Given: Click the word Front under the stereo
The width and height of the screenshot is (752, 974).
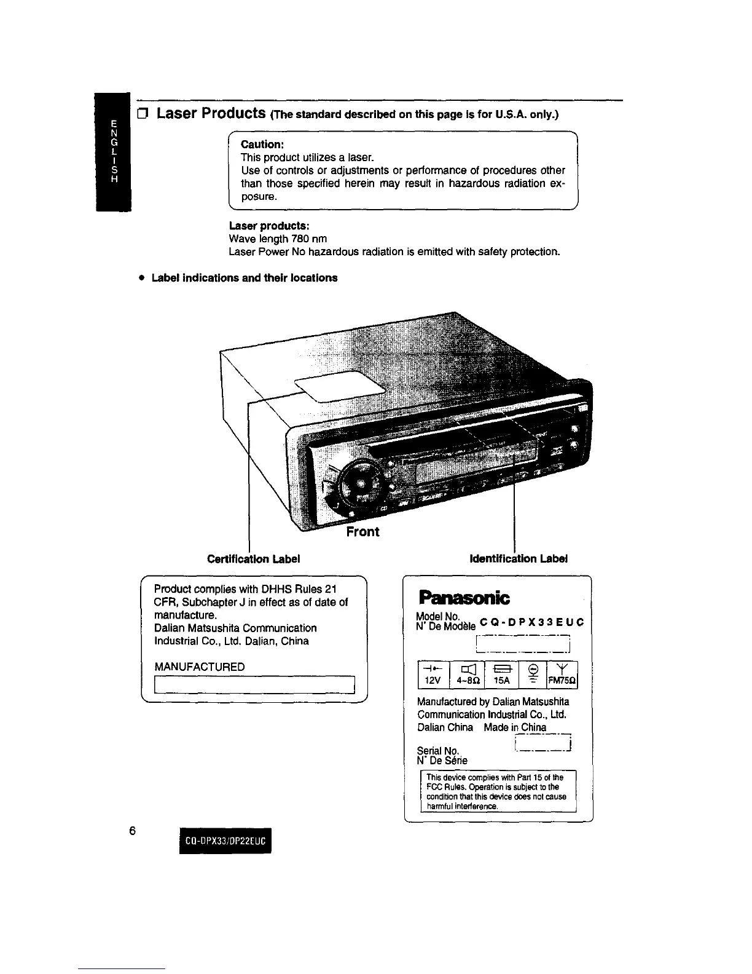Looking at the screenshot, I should [x=362, y=532].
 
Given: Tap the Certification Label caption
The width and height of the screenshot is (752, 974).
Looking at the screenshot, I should [x=253, y=559].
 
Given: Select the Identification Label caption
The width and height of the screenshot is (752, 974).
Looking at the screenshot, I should [x=518, y=559].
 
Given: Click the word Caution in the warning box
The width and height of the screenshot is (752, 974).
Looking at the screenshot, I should [x=262, y=144].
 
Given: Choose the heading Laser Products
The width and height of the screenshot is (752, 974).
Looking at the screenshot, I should [x=210, y=114].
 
